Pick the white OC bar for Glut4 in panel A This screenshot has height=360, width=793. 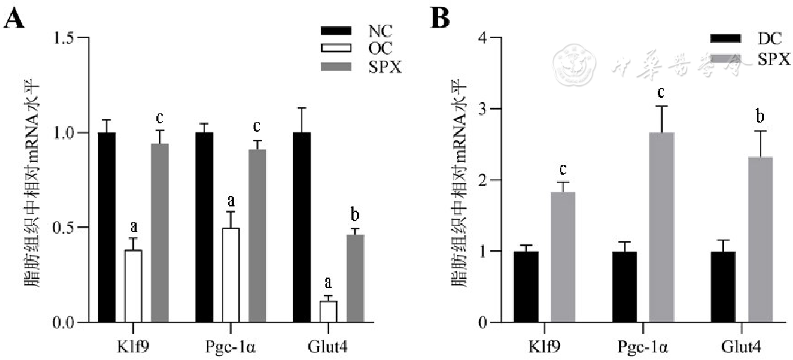click(328, 311)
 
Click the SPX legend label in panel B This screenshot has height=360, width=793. click(773, 56)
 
